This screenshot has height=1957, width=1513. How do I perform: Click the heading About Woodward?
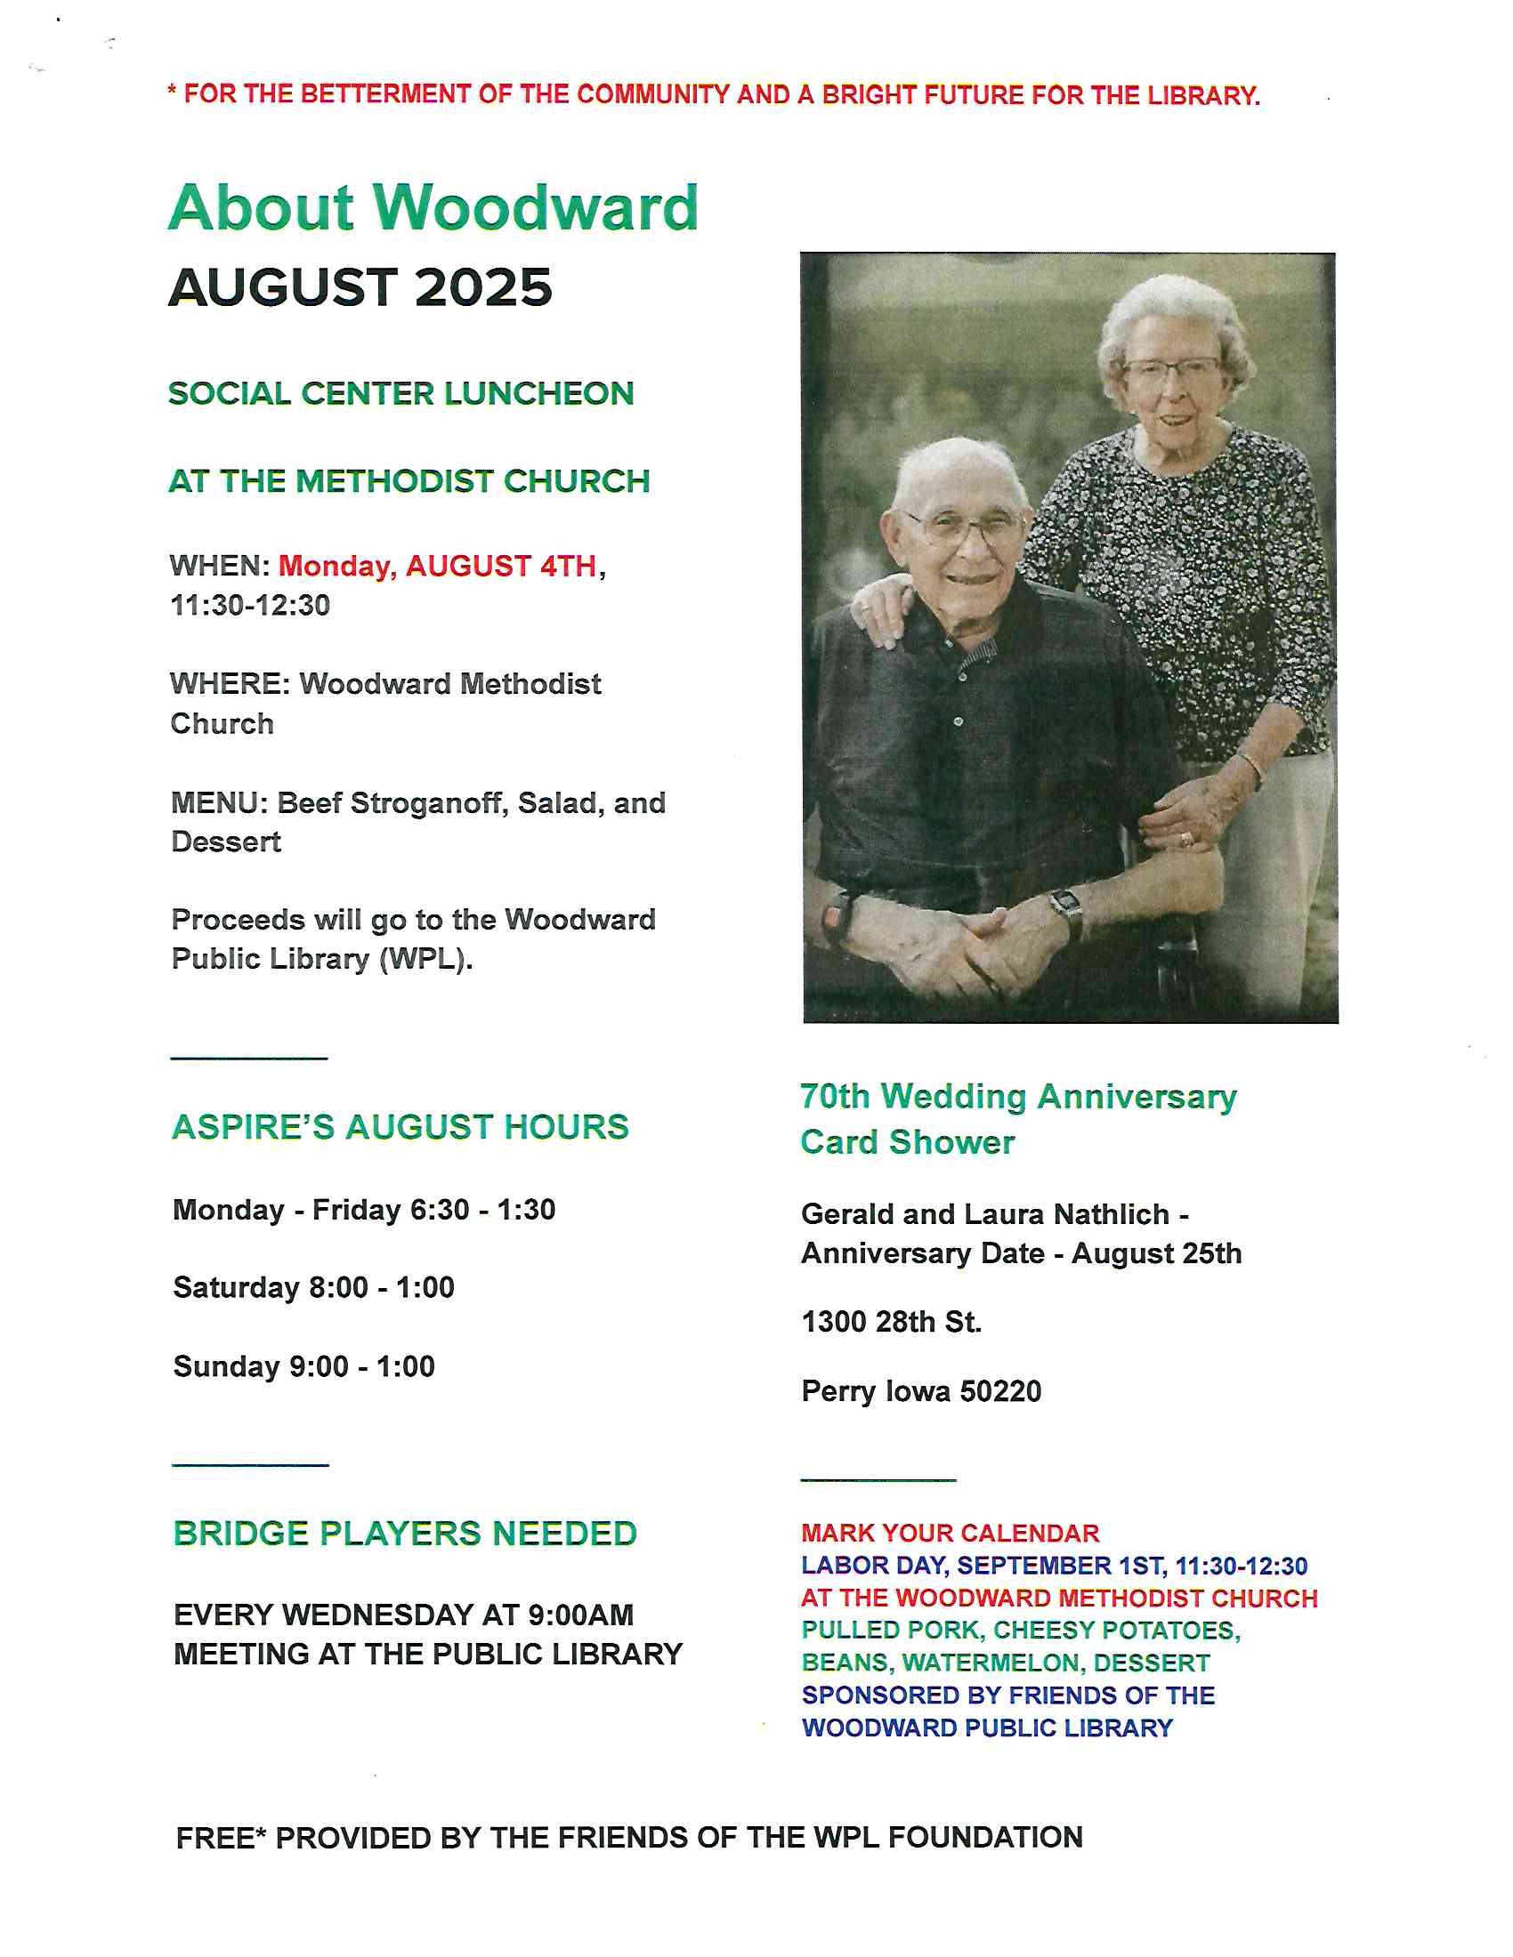pyautogui.click(x=433, y=208)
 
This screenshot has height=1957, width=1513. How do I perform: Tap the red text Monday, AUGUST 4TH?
pyautogui.click(x=437, y=567)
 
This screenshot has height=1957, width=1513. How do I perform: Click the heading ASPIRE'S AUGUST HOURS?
pyautogui.click(x=400, y=1127)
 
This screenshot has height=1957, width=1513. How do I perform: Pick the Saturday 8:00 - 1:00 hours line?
pyautogui.click(x=313, y=1288)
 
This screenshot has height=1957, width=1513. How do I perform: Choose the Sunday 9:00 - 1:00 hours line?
pyautogui.click(x=303, y=1366)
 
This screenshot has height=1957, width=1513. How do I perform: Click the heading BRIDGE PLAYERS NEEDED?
pyautogui.click(x=405, y=1534)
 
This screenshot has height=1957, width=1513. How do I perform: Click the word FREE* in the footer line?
pyautogui.click(x=222, y=1838)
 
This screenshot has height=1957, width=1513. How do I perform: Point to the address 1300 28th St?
pyautogui.click(x=892, y=1322)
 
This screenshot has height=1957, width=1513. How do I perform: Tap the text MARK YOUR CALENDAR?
pyautogui.click(x=951, y=1534)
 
